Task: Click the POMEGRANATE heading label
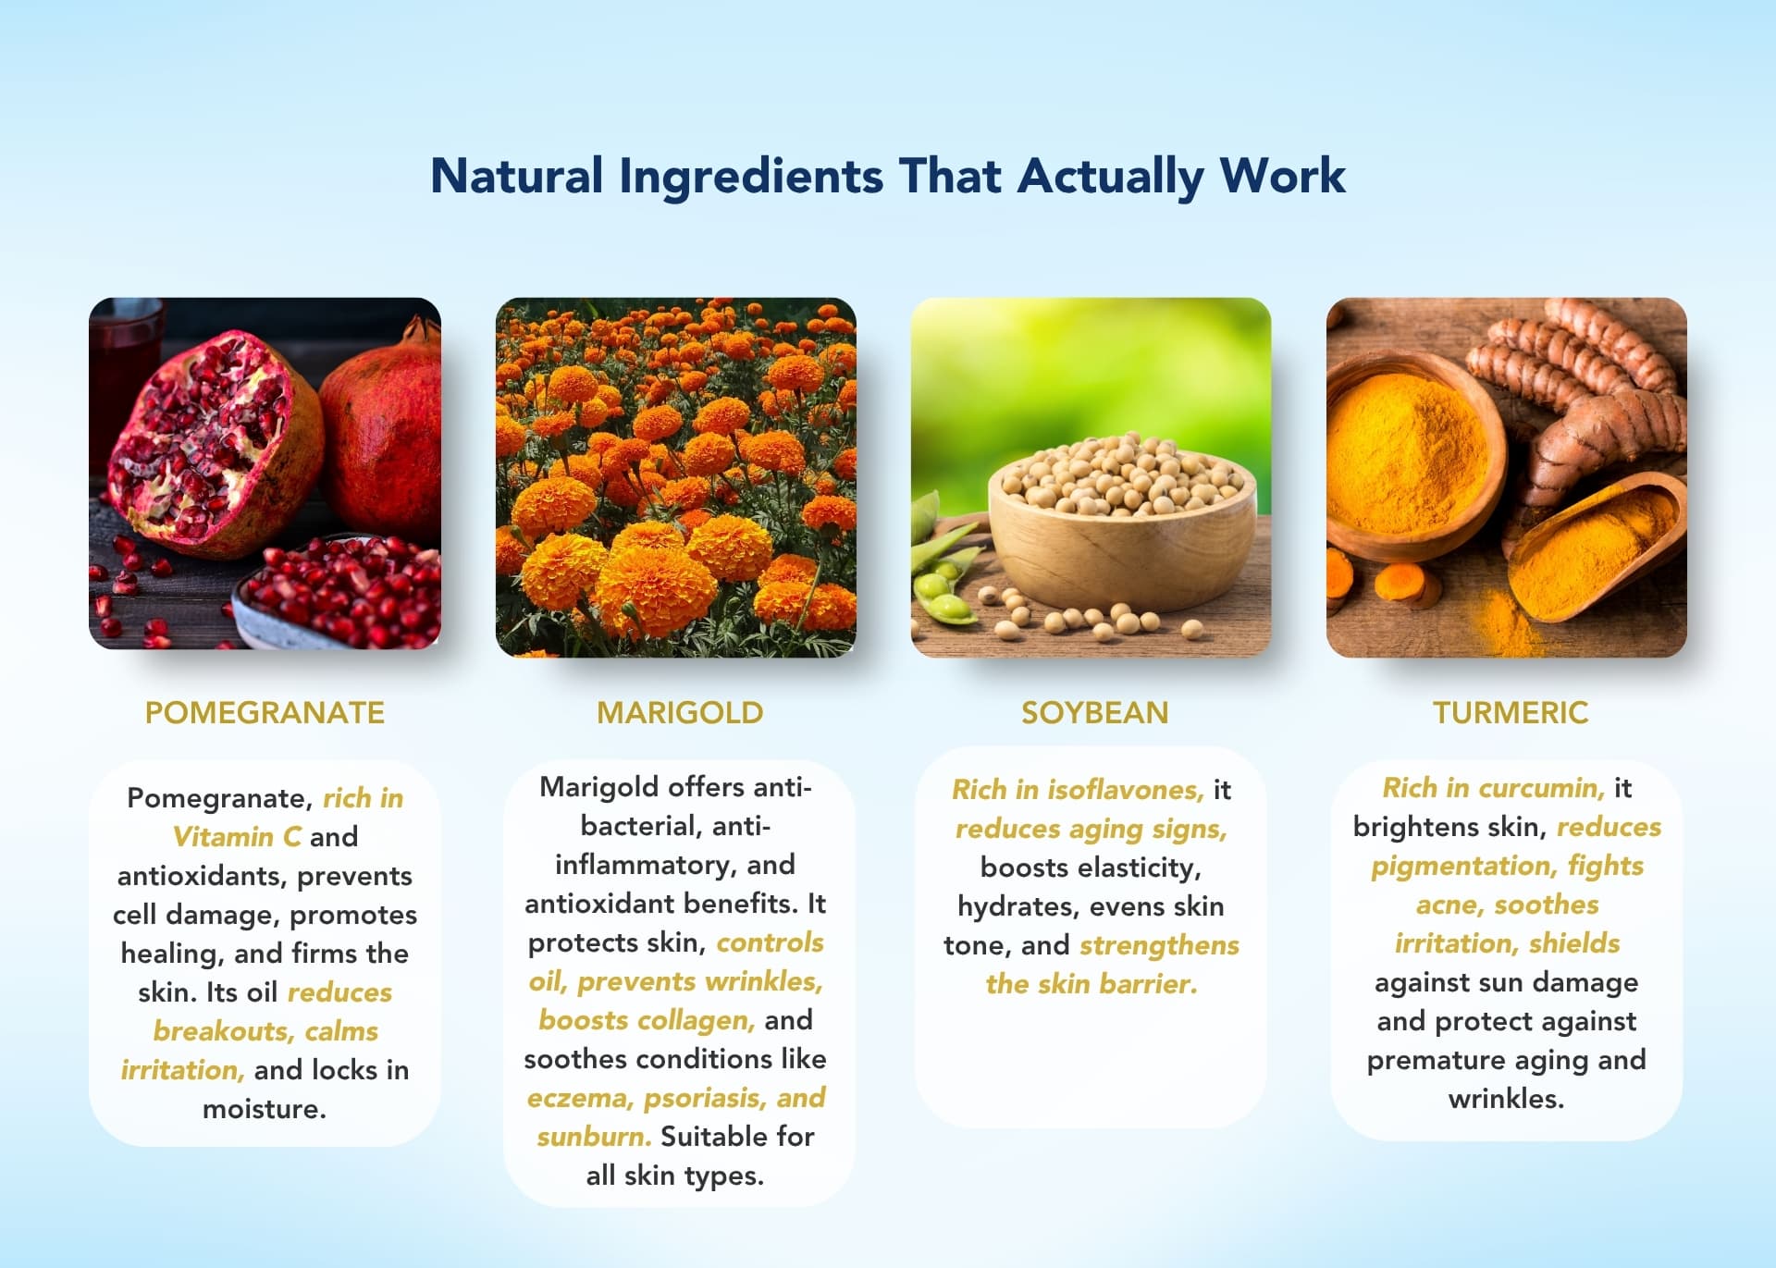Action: tap(265, 712)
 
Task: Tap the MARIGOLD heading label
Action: tap(680, 712)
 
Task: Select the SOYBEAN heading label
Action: tap(1095, 712)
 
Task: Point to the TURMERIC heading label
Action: tap(1511, 712)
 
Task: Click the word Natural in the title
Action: tap(517, 176)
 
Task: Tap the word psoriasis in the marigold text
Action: tap(706, 1099)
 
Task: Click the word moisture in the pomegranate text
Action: tap(265, 1109)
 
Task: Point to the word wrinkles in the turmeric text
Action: tap(1506, 1099)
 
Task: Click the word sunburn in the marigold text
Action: tap(594, 1137)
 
